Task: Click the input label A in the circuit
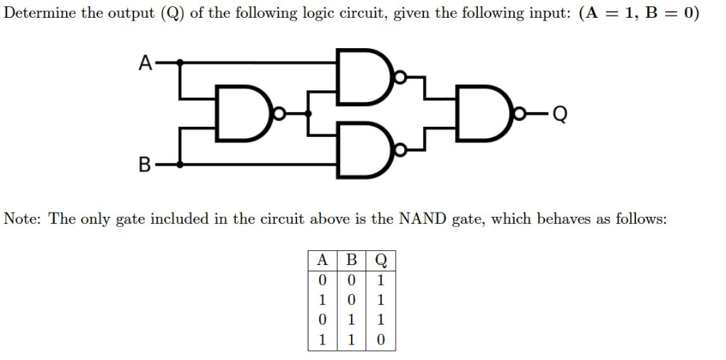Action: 144,62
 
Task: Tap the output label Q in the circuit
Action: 561,113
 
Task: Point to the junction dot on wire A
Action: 181,62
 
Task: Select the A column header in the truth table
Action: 322,259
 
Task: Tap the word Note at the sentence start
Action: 23,218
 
